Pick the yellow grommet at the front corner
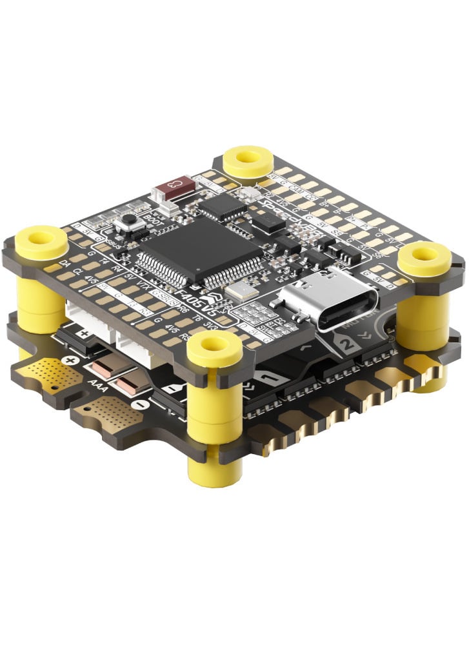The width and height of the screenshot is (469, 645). click(x=214, y=351)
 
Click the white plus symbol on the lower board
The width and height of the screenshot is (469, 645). click(x=85, y=333)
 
